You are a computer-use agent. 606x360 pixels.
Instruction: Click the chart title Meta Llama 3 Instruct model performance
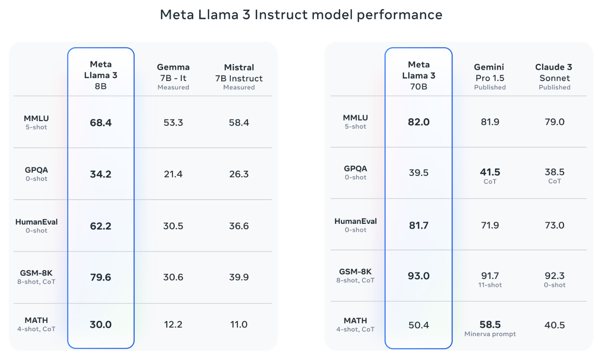pos(301,15)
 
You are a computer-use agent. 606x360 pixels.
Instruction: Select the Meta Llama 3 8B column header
pos(101,75)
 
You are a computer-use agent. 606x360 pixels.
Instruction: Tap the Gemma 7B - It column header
pos(173,76)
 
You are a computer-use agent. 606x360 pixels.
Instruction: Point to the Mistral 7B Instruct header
pos(239,77)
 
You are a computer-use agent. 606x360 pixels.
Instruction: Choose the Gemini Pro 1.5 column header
pos(490,76)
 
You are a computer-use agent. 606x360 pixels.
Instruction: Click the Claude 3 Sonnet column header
pos(554,76)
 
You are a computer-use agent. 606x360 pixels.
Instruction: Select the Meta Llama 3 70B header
pos(419,76)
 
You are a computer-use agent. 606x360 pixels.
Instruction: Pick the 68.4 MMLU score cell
pos(101,123)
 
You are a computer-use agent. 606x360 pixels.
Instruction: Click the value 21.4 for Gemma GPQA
pos(173,174)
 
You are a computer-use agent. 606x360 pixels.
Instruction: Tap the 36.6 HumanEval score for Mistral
pos(239,226)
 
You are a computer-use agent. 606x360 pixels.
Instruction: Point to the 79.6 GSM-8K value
pos(101,277)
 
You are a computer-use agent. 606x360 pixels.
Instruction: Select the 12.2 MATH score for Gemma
pos(173,325)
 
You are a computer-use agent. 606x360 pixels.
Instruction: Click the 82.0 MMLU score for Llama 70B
pos(419,122)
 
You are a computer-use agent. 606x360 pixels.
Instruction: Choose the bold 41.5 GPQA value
pos(490,172)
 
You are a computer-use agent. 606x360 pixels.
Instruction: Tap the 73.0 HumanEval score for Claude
pos(554,226)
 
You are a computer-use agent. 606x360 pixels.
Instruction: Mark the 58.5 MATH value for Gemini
pos(490,325)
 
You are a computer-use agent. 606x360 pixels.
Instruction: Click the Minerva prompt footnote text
pos(490,334)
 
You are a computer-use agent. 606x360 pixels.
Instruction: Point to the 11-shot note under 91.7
pos(490,285)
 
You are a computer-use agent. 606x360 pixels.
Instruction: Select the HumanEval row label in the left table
pos(36,222)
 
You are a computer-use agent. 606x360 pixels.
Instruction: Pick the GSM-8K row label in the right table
pos(355,272)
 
